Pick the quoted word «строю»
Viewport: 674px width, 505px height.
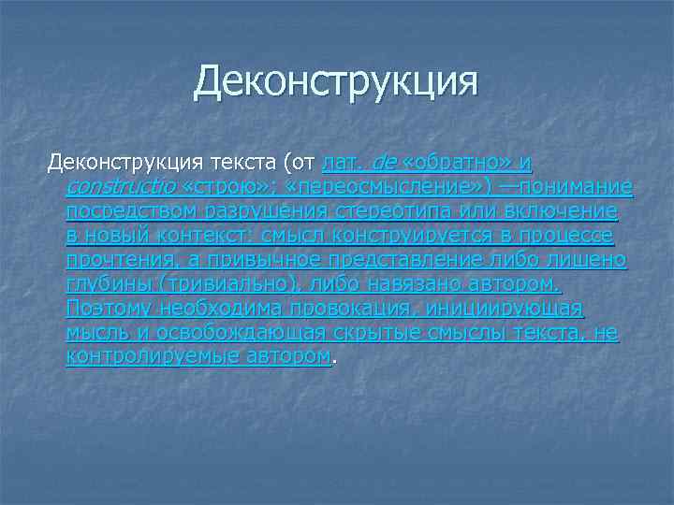219,188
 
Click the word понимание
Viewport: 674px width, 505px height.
578,188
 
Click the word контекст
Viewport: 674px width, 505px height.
214,237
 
